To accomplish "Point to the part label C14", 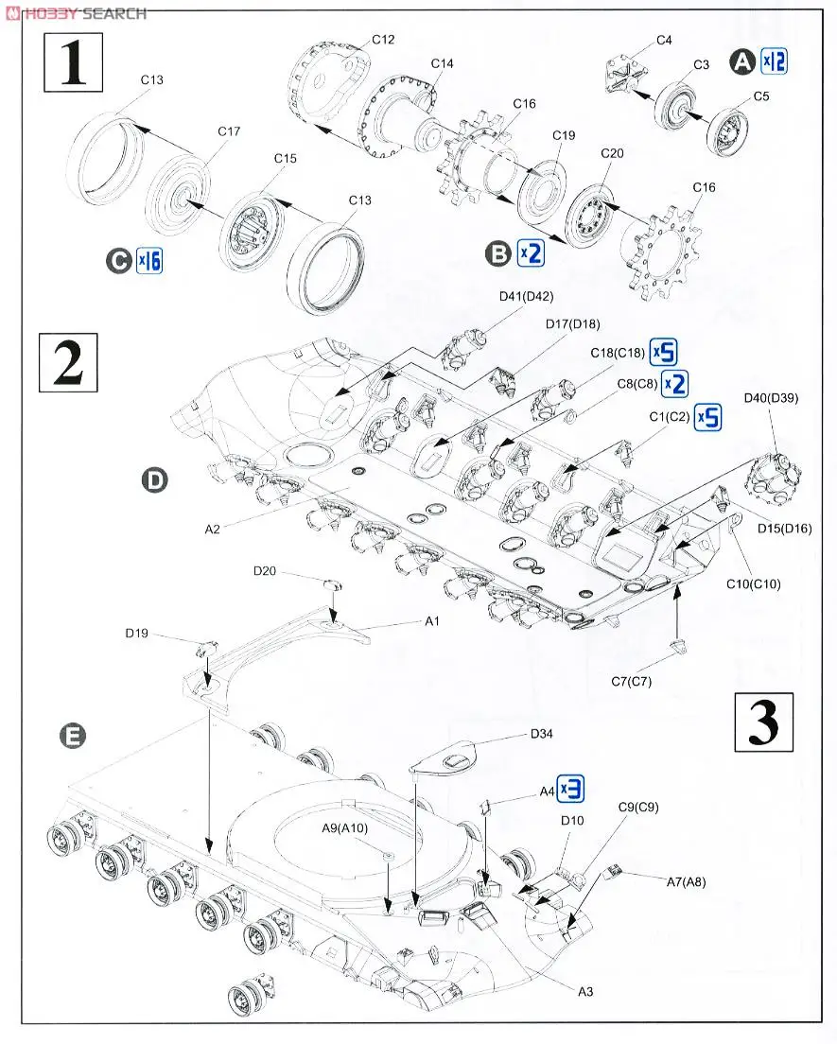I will (442, 63).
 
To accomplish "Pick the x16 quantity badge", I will (149, 260).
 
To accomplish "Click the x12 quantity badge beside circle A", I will (774, 61).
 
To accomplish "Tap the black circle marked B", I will (497, 252).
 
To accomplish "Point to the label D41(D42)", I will (526, 297).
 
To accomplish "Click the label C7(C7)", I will (631, 681).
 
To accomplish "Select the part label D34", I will (541, 733).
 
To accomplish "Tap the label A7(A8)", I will (688, 881).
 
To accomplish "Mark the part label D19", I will (136, 634).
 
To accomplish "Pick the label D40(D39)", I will (772, 398).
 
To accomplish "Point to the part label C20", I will (612, 152).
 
